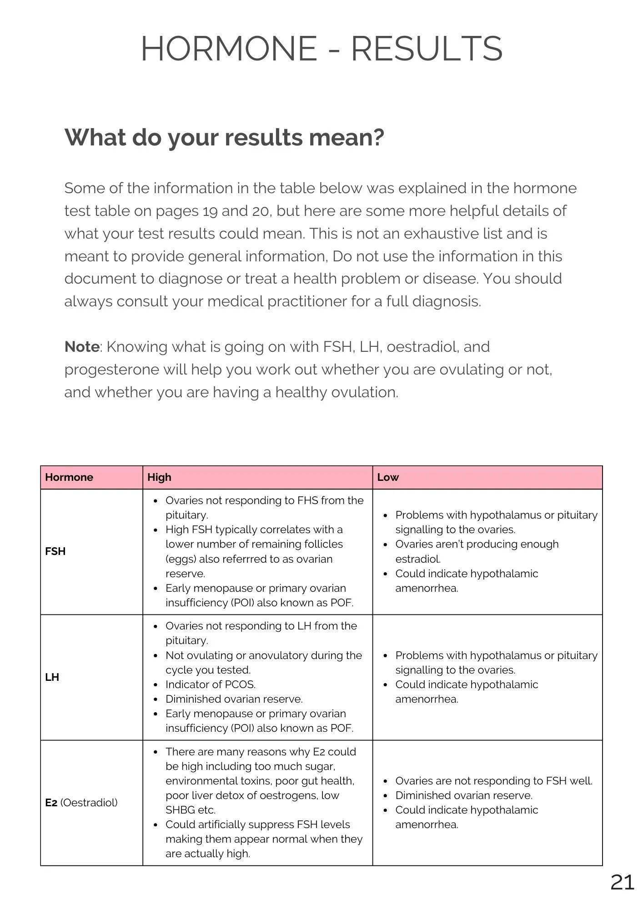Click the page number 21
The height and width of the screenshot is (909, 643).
(622, 882)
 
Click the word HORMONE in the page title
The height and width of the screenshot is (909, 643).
(229, 49)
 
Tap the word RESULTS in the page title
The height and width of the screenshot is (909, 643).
(427, 49)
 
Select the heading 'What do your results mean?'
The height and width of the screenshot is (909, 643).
(224, 137)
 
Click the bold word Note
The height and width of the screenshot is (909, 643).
(82, 347)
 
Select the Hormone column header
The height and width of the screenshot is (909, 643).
(69, 477)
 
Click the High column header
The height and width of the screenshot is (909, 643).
(159, 477)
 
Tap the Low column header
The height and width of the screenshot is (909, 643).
(388, 477)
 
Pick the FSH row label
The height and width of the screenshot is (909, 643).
(55, 551)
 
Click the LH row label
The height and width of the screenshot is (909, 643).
(52, 677)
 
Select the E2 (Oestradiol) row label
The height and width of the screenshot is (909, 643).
(81, 803)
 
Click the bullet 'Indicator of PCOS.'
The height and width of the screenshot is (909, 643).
(211, 684)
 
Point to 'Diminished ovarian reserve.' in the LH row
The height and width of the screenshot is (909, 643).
(234, 699)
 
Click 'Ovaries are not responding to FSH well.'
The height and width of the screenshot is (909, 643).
(494, 781)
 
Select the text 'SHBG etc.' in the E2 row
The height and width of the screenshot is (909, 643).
(191, 810)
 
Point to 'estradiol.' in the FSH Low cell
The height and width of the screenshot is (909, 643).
(418, 559)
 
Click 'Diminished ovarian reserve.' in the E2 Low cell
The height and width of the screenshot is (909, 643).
(464, 795)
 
